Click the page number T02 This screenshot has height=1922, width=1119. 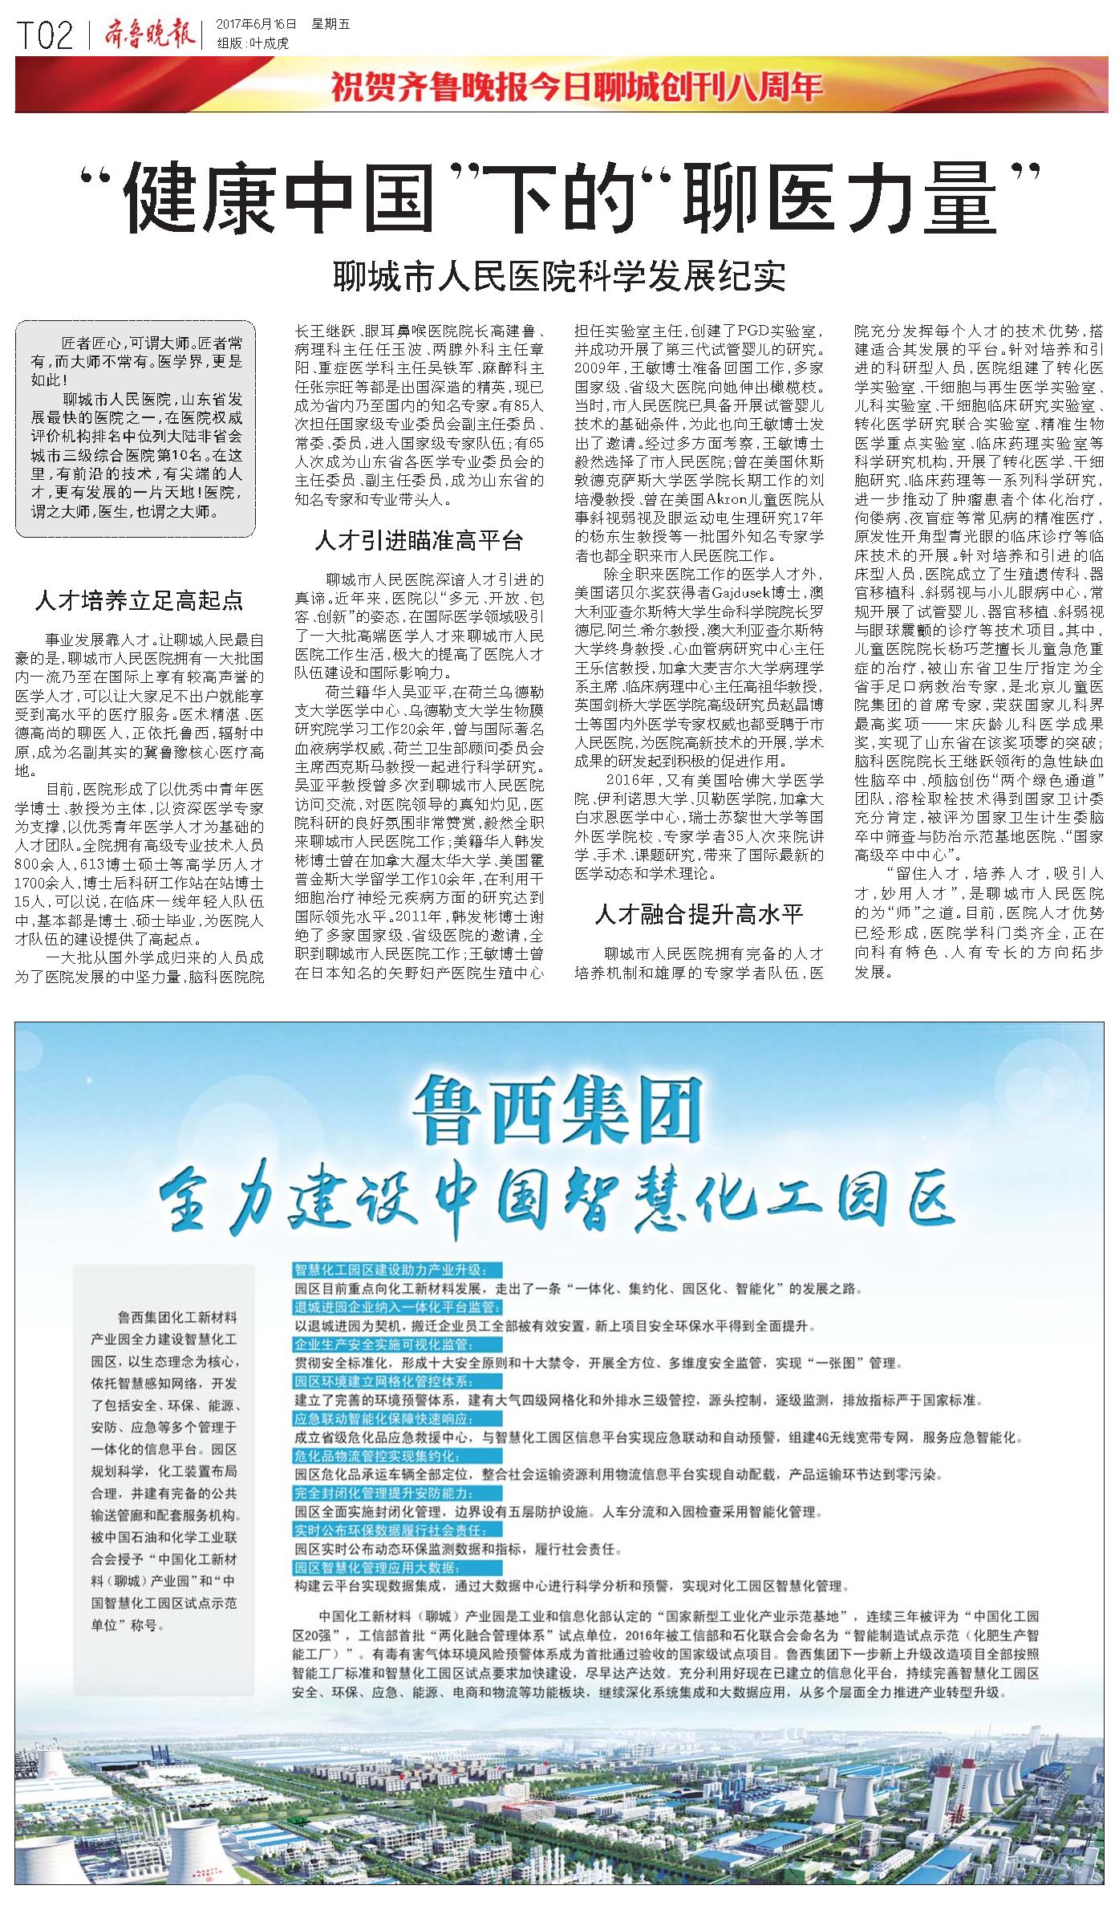pyautogui.click(x=45, y=35)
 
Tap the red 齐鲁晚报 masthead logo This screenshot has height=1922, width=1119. pyautogui.click(x=149, y=35)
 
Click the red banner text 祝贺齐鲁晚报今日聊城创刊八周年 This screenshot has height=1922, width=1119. pyautogui.click(x=577, y=87)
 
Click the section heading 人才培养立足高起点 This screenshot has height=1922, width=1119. pyautogui.click(x=139, y=601)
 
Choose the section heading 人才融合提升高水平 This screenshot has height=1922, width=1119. pyautogui.click(x=699, y=914)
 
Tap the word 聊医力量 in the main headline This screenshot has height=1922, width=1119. pyautogui.click(x=838, y=198)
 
